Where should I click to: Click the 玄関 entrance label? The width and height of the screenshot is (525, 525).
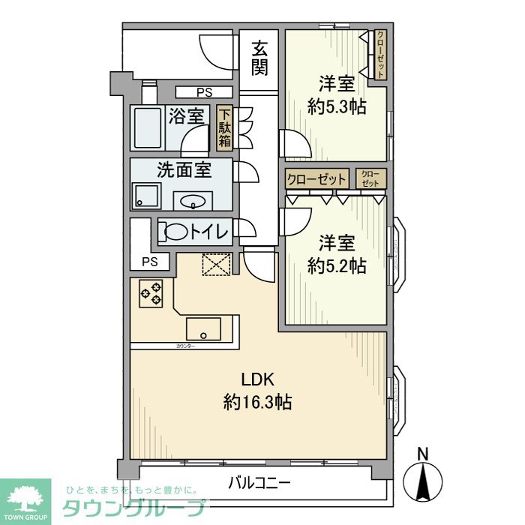point(259,58)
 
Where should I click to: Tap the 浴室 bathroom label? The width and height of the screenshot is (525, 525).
point(186,116)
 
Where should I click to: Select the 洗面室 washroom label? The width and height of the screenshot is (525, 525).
point(184,169)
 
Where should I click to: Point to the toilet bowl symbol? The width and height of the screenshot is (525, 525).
point(176,232)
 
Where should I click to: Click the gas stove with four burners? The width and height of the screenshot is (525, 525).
point(151,292)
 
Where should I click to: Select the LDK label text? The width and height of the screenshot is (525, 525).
point(257,379)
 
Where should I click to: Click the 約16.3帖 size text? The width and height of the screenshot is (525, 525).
point(257,403)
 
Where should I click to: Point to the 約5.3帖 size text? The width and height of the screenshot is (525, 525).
point(337,106)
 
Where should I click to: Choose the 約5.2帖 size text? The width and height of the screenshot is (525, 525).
point(337,265)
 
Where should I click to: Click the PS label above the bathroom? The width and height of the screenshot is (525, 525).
point(204,92)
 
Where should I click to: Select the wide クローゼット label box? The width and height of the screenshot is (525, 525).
point(316,179)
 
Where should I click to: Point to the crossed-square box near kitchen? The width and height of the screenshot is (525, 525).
point(217,265)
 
